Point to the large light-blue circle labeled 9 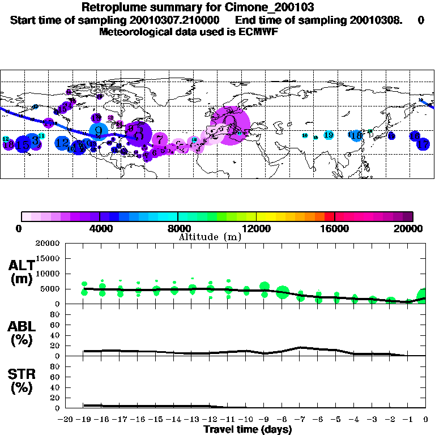point(99,131)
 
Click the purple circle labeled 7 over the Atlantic point(160,139)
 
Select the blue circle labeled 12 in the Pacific point(62,143)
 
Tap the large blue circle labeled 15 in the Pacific point(23,144)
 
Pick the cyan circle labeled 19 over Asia point(329,135)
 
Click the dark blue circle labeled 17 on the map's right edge point(423,144)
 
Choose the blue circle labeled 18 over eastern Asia point(356,135)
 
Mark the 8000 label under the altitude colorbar point(178,228)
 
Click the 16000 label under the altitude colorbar point(334,228)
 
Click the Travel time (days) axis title point(248,429)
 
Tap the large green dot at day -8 point(283,292)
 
